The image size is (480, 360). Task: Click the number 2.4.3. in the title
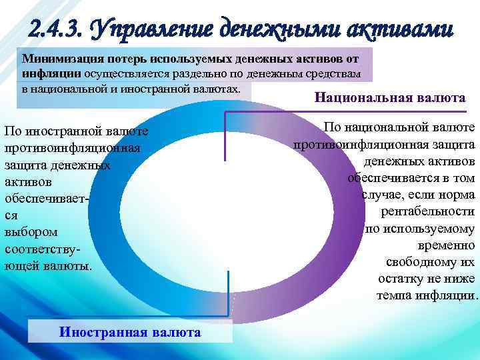tap(56, 29)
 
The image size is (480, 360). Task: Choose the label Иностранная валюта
tap(130, 331)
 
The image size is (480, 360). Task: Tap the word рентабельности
tap(427, 211)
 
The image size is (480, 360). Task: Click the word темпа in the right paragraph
tap(393, 295)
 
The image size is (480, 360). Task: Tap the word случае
tap(385, 195)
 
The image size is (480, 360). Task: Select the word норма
tap(459, 195)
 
